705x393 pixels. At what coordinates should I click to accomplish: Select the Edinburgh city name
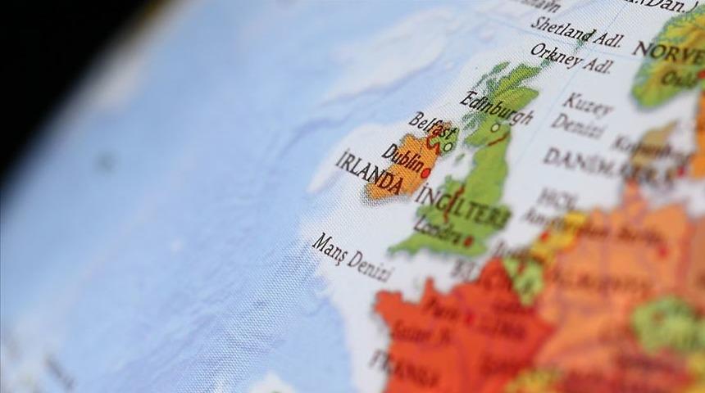pos(497,109)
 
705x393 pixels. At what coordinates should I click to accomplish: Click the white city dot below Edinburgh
pos(494,128)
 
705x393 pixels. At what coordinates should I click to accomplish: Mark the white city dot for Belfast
pos(448,147)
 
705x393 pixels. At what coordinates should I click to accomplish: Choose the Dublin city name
pos(403,158)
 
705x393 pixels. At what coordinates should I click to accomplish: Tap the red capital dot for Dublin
pos(425,173)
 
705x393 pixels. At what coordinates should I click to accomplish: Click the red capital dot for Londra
pos(468,242)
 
